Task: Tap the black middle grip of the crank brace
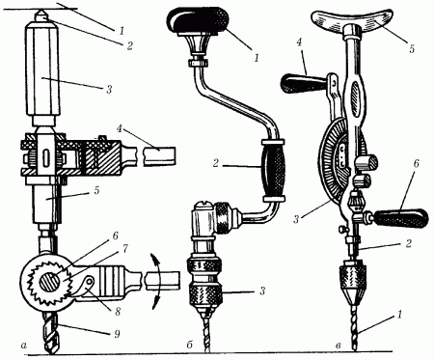[x=273, y=171]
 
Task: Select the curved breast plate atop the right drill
[x=354, y=20]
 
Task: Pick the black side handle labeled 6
[x=399, y=217]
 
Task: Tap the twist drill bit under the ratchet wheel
[x=51, y=331]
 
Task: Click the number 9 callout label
[x=117, y=334]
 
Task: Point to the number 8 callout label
[x=118, y=311]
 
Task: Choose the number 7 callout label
[x=125, y=248]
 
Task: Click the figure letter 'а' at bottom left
[x=22, y=346]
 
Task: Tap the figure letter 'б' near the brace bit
[x=189, y=345]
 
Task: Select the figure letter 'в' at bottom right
[x=338, y=346]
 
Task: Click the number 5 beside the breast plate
[x=412, y=49]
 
